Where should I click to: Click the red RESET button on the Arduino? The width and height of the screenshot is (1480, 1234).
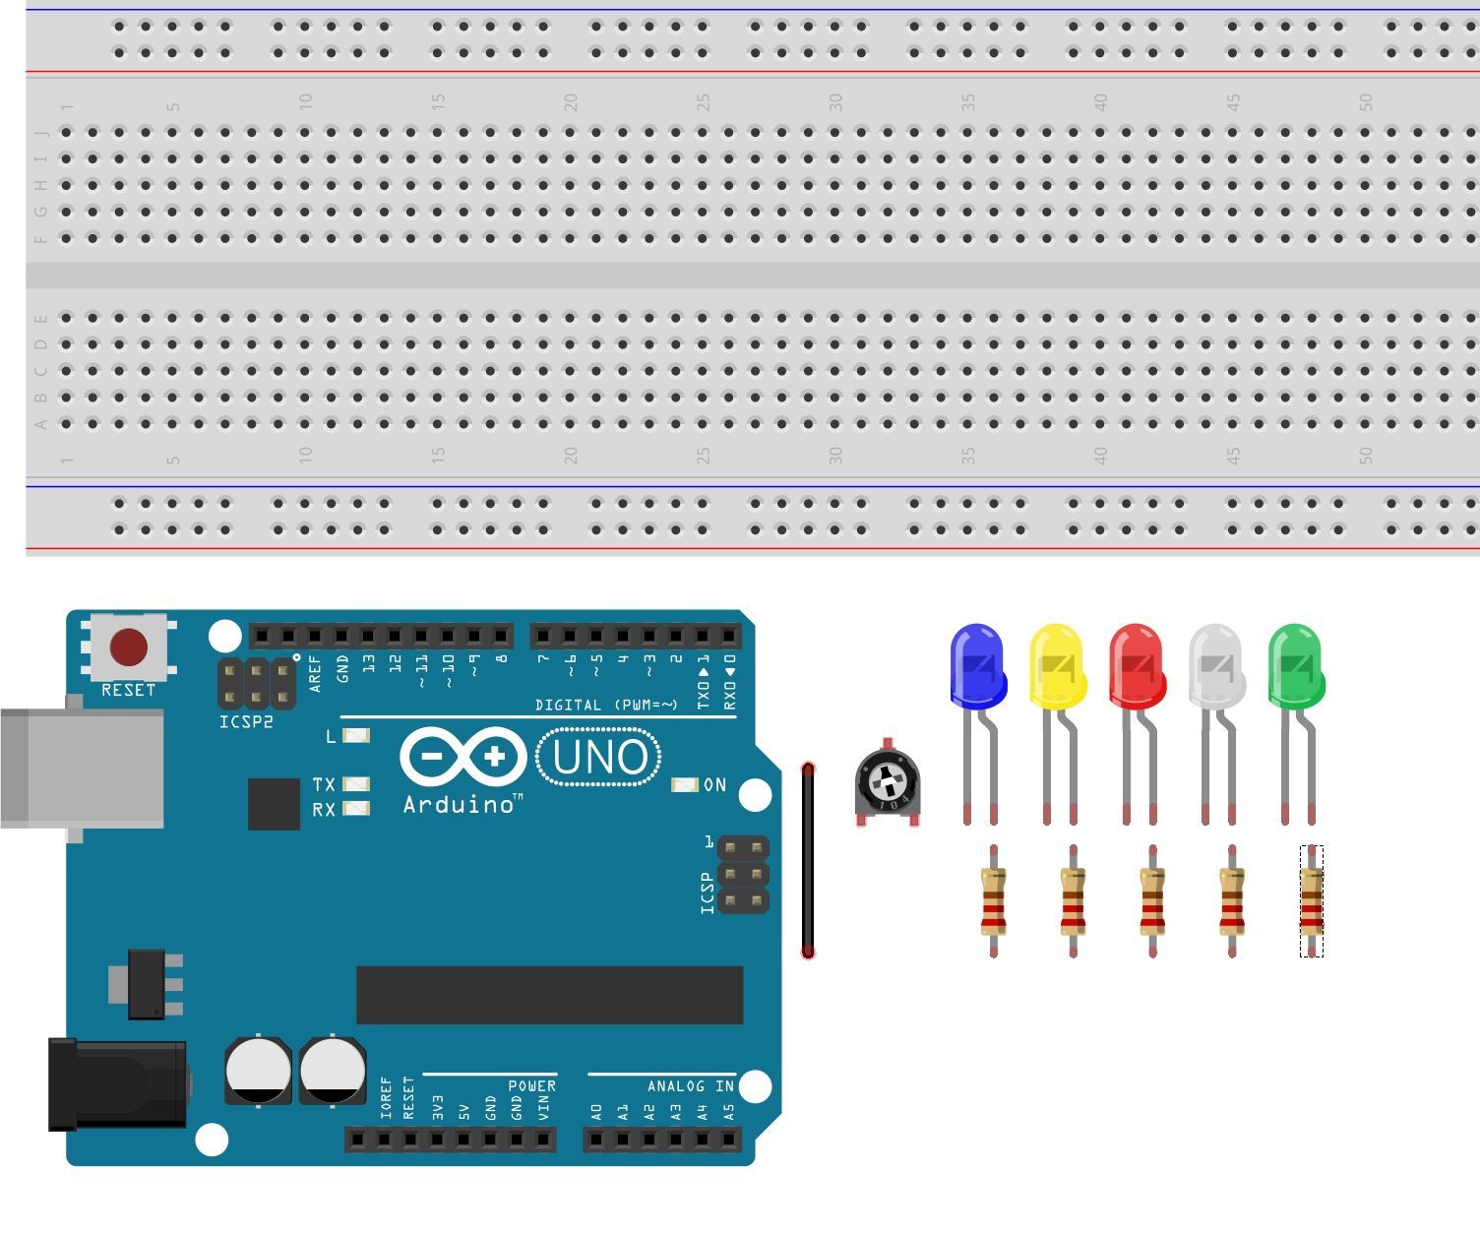[x=129, y=648]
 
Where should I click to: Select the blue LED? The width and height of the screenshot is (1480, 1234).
[x=977, y=665]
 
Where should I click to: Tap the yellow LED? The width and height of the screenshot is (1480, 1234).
[x=1057, y=665]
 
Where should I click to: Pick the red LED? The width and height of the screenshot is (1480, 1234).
[x=1137, y=665]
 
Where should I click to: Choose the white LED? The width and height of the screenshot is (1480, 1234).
[x=1216, y=665]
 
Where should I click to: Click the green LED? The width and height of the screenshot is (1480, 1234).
[x=1296, y=665]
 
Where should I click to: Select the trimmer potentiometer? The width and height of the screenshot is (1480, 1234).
[x=888, y=783]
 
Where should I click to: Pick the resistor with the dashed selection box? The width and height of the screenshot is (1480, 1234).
[x=1311, y=900]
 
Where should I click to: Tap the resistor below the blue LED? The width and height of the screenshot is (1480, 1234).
[x=993, y=900]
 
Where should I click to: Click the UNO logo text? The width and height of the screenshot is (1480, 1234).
[x=599, y=757]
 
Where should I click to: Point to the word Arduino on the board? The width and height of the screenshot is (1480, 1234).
[x=459, y=805]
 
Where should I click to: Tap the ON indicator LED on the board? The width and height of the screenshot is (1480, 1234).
[x=684, y=784]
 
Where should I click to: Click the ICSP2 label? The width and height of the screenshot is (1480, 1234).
[x=246, y=722]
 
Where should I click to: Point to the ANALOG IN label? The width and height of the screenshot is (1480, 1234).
[x=690, y=1086]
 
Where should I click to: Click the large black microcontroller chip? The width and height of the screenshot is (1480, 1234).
[x=549, y=995]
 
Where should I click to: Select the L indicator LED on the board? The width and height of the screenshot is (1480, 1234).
[x=355, y=736]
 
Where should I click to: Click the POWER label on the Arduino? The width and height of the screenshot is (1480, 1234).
[x=531, y=1086]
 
